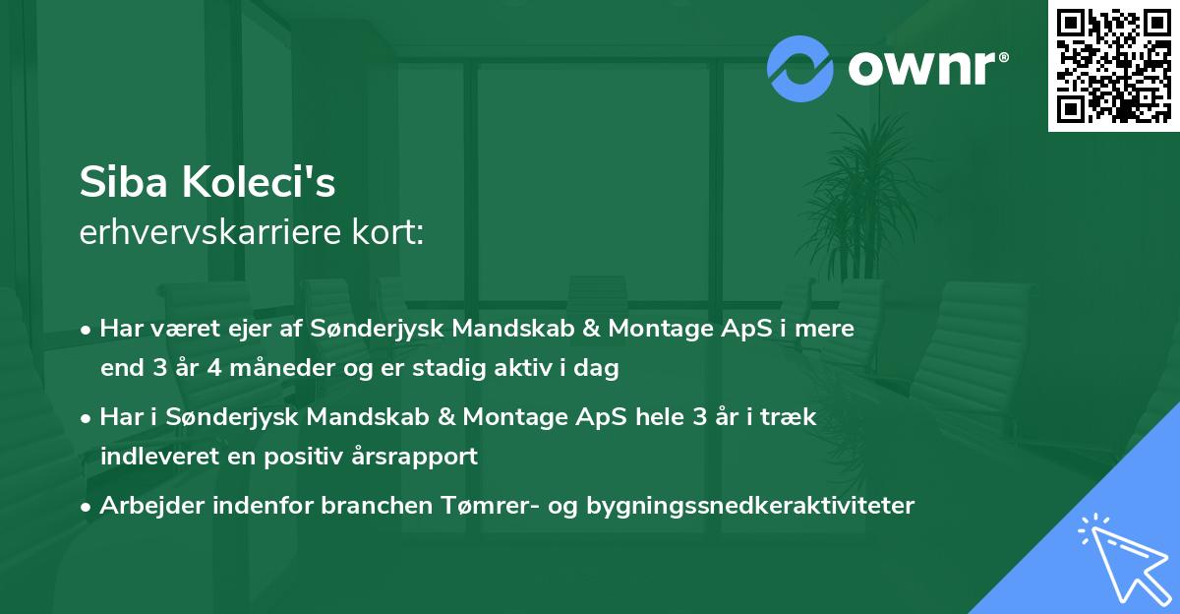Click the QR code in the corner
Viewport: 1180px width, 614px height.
[x=1114, y=65]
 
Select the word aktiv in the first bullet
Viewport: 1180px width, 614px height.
[x=539, y=369]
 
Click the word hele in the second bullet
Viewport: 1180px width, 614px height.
[x=660, y=416]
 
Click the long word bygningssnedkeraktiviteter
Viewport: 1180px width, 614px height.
[x=751, y=506]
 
